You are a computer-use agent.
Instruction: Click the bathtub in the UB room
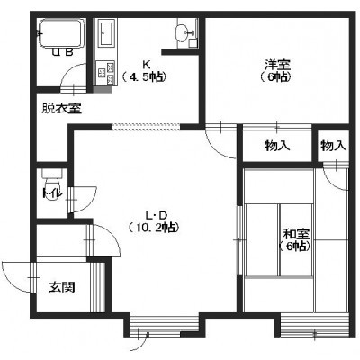click(61, 33)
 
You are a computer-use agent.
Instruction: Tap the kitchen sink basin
click(106, 33)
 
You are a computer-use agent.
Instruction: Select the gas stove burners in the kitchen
click(105, 73)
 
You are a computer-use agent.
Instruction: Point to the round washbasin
click(184, 31)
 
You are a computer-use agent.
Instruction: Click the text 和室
click(297, 234)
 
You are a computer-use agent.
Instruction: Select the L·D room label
click(156, 215)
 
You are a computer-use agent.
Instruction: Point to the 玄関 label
click(62, 287)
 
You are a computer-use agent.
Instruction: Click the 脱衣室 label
click(61, 109)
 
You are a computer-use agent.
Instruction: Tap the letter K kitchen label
click(146, 64)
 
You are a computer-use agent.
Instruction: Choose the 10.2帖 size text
click(154, 228)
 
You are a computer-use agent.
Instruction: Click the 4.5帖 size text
click(145, 77)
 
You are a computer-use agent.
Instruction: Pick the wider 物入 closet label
click(277, 146)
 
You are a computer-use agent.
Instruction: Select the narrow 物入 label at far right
click(334, 146)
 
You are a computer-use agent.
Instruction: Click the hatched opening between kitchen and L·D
click(146, 127)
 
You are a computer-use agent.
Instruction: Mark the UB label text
click(63, 53)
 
